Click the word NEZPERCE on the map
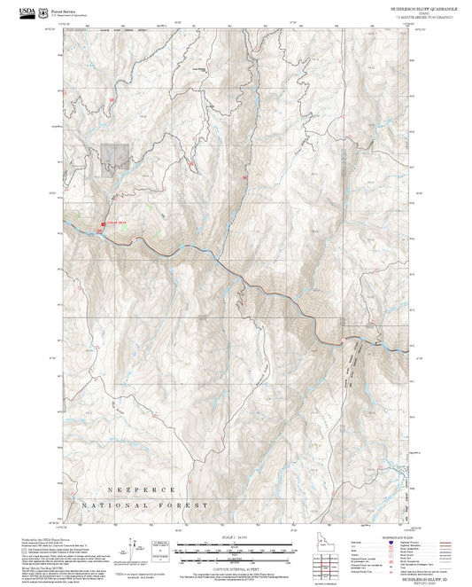tap(142, 489)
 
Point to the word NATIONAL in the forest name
tap(111, 505)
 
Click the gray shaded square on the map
tap(115, 157)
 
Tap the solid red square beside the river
tap(104, 224)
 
